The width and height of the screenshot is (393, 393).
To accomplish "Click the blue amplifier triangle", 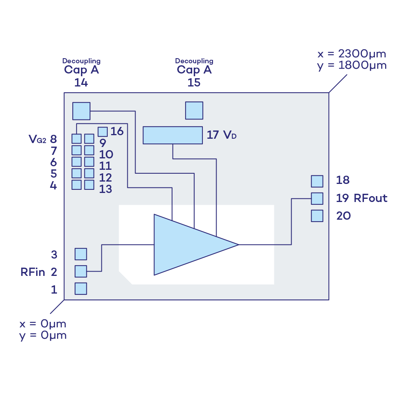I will point(189,244).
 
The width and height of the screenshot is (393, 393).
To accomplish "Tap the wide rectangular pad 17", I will point(172,135).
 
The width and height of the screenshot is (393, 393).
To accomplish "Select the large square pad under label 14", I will point(81,111).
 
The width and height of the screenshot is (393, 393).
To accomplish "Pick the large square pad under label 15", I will point(194,110).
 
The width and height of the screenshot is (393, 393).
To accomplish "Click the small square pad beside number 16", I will point(103,132).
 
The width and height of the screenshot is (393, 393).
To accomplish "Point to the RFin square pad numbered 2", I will point(81,271).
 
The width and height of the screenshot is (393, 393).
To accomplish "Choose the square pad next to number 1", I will point(81,289).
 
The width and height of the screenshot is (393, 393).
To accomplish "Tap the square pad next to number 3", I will point(81,254).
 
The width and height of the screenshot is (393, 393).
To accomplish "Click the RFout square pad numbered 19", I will point(317,198).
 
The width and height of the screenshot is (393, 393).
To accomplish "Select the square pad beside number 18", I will point(317,181).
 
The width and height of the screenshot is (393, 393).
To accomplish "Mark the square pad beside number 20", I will point(317,216).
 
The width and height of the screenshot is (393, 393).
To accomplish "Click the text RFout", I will point(371,198).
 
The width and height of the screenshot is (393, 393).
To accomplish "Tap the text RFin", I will point(33,272).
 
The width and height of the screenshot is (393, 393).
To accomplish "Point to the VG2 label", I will point(38,139).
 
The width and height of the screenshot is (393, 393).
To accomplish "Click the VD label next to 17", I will point(230,135).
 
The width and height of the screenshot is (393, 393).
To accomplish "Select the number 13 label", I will point(105,189).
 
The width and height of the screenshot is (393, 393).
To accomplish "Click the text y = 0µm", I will point(43,336).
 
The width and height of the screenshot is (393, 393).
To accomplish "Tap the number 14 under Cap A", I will point(81,83).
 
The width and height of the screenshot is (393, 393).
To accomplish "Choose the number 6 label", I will point(53,162).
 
